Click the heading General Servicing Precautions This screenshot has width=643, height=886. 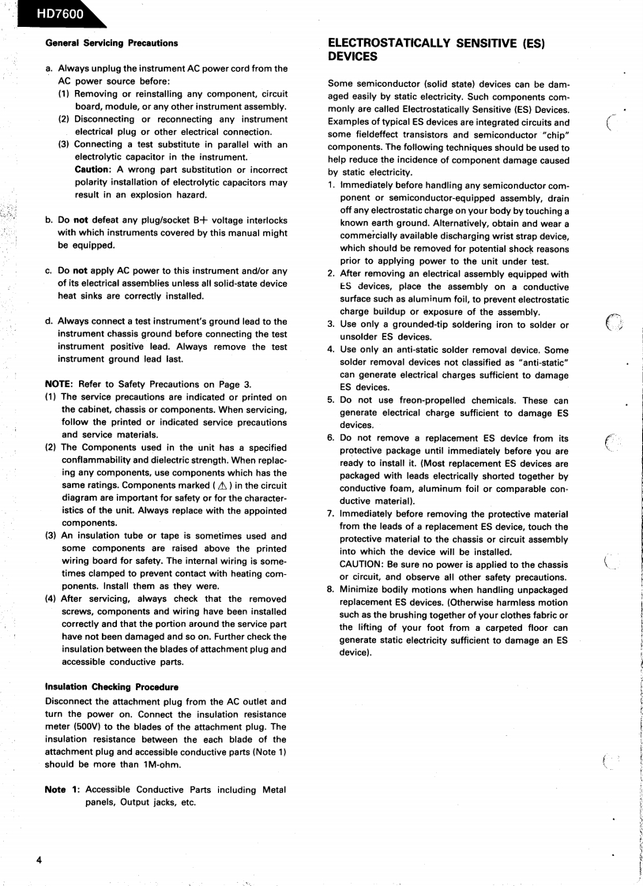coord(111,43)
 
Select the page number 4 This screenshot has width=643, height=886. coord(37,859)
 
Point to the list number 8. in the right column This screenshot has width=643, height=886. coord(332,589)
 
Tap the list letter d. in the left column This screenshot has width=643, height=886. coord(50,321)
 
